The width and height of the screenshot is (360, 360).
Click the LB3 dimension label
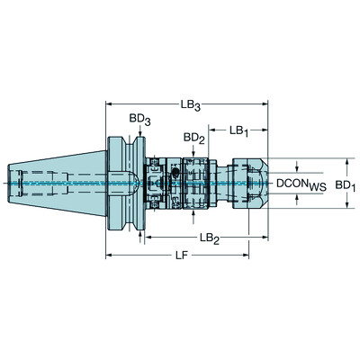(190, 105)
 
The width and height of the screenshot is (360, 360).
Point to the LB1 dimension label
(238, 130)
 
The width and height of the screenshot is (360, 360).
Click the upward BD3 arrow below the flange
(141, 234)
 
